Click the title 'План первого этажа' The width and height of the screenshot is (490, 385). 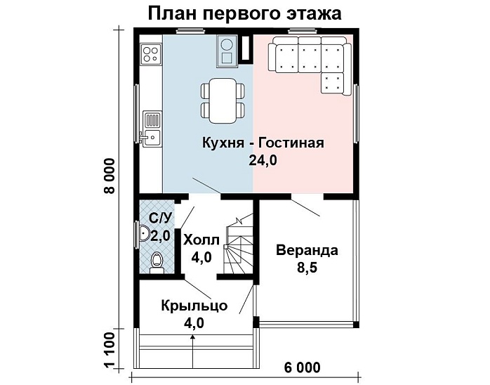[x=245, y=13]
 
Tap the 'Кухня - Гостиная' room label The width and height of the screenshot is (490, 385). [x=263, y=143]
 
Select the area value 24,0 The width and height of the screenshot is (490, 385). [x=263, y=161]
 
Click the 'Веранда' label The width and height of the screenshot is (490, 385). [x=307, y=250]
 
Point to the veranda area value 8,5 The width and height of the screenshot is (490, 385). [x=307, y=268]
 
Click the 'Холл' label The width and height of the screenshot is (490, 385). [x=201, y=240]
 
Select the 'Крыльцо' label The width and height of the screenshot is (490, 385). [x=193, y=306]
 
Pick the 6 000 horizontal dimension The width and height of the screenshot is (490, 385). [x=303, y=367]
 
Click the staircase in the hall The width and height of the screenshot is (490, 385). [x=237, y=249]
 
